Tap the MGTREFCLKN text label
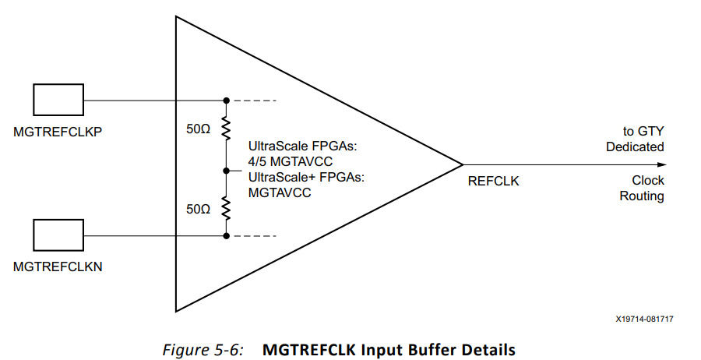pyautogui.click(x=58, y=266)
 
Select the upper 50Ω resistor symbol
pyautogui.click(x=226, y=128)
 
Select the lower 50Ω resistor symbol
pyautogui.click(x=226, y=207)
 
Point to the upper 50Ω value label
pyautogui.click(x=199, y=130)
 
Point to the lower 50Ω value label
pyautogui.click(x=199, y=210)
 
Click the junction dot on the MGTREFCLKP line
pyautogui.click(x=226, y=101)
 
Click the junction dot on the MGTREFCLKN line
pyautogui.click(x=226, y=235)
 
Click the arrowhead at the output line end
pyautogui.click(x=661, y=164)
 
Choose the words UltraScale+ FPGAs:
pyautogui.click(x=307, y=177)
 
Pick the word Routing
pyautogui.click(x=642, y=196)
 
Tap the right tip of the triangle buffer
pyautogui.click(x=463, y=164)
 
